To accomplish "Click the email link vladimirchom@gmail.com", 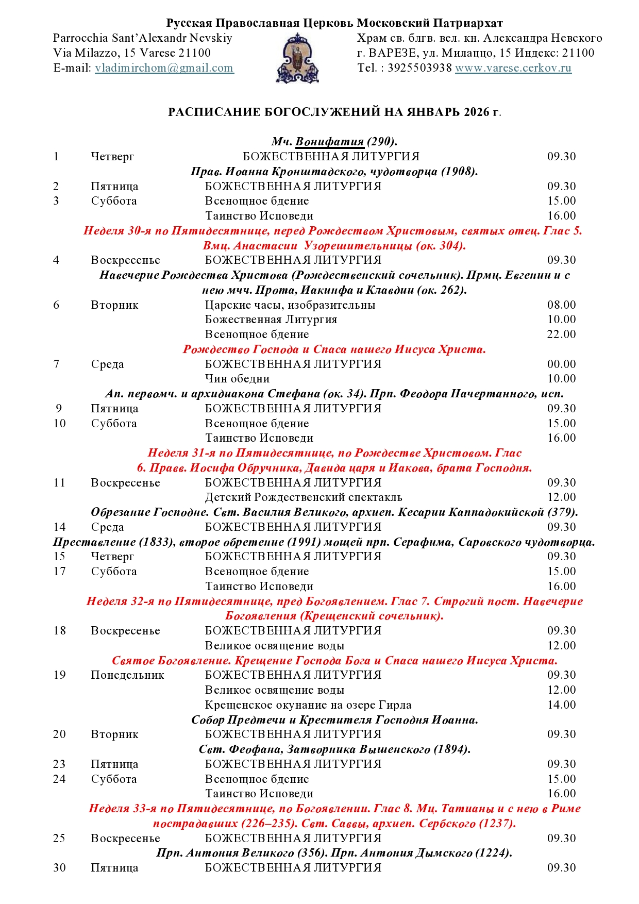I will pos(164,68).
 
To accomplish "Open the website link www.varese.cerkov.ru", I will pos(513,68).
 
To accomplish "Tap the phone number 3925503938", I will pos(419,68).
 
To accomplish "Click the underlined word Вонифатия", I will pos(330,142).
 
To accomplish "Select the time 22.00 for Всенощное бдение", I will pos(561,334).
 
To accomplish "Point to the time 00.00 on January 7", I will pos(561,364).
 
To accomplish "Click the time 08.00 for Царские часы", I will pos(561,305).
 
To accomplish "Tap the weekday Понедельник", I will pos(127,675).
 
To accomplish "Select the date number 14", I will pos(59,527).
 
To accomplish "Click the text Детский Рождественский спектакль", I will pos(304,497).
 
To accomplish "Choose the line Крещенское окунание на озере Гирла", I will pos(308,705).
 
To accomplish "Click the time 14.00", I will pos(561,705).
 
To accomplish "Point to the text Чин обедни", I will pos(238,379).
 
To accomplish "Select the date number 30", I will pos(59,868).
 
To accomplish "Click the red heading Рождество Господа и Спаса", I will pos(334,349).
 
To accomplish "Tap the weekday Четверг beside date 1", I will pos(112,157).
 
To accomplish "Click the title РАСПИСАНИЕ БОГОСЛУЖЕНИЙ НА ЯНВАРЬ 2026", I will pos(334,112).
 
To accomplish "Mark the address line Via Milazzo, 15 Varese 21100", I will pos(132,53).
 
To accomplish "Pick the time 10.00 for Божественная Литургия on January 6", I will pos(561,320).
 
